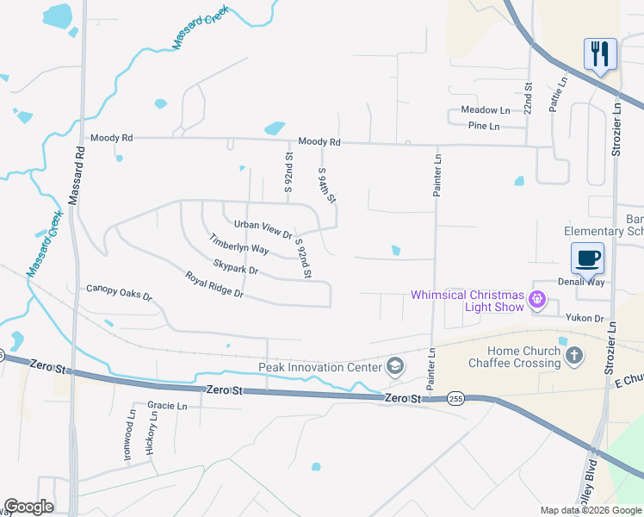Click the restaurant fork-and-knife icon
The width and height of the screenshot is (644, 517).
pos(600,53)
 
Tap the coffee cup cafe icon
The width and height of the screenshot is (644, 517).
pos(587,258)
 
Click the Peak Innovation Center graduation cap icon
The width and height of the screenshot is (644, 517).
pos(395,367)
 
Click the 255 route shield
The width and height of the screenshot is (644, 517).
pos(456,398)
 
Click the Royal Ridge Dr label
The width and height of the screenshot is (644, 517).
pos(215,285)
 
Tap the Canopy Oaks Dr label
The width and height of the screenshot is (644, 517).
pos(119,292)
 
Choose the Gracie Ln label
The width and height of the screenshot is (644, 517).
pos(167,405)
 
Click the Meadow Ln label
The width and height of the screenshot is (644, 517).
pos(486,110)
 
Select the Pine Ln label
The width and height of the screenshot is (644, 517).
pos(483,126)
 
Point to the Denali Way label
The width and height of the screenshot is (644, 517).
pos(580,282)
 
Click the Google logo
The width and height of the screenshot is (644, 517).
pos(28,507)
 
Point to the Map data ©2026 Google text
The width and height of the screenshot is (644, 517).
pos(591,510)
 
